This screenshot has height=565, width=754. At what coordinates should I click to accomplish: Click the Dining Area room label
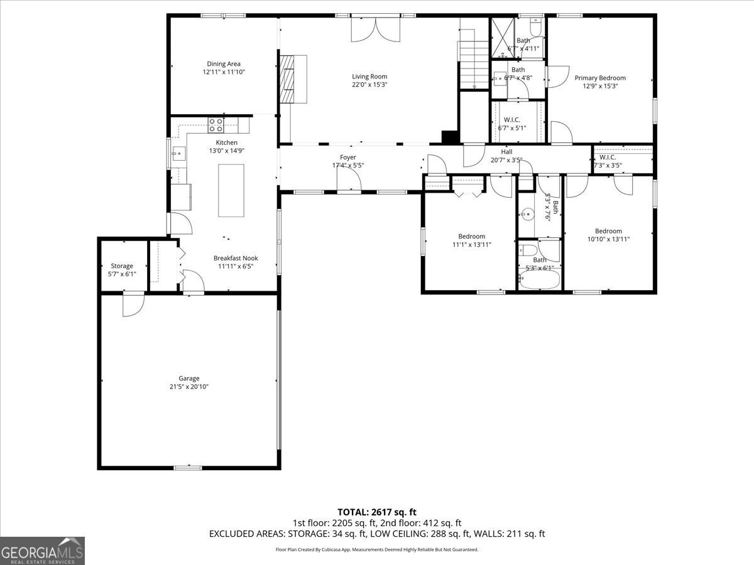(x=223, y=63)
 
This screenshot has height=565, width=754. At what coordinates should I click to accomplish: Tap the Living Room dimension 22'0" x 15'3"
(x=369, y=85)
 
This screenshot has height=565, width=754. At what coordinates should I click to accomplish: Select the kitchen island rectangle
(x=231, y=190)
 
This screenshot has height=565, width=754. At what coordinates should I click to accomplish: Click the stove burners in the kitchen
(x=216, y=125)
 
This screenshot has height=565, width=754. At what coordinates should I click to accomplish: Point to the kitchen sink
(x=178, y=153)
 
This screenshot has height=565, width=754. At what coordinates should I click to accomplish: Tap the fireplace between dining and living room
(x=292, y=78)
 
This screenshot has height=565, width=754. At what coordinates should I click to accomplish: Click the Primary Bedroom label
(x=600, y=78)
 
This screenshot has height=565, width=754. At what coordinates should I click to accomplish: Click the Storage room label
(x=122, y=266)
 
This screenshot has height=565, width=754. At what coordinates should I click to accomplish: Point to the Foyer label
(x=347, y=157)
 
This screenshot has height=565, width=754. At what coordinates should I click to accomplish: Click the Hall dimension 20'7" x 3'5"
(x=506, y=159)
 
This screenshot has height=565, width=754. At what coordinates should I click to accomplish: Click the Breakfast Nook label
(x=236, y=258)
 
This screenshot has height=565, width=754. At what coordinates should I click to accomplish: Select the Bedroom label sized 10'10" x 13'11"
(x=608, y=231)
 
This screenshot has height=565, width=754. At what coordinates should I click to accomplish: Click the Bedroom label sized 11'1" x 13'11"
(x=471, y=236)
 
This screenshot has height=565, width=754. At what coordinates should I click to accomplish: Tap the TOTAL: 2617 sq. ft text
(x=377, y=512)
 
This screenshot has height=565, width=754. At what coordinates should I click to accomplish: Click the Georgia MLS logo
(x=42, y=551)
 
